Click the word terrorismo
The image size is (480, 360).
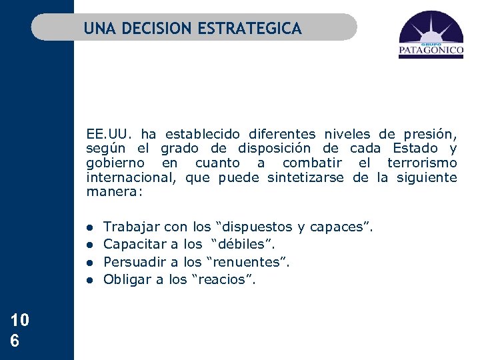[425, 163]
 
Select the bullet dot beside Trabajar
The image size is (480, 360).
[89, 228]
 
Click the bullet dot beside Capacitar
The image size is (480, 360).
[89, 245]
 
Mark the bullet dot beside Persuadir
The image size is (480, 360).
[89, 263]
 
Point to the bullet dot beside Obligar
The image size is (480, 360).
[89, 280]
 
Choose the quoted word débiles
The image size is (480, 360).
[243, 245]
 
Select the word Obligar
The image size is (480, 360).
[127, 279]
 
